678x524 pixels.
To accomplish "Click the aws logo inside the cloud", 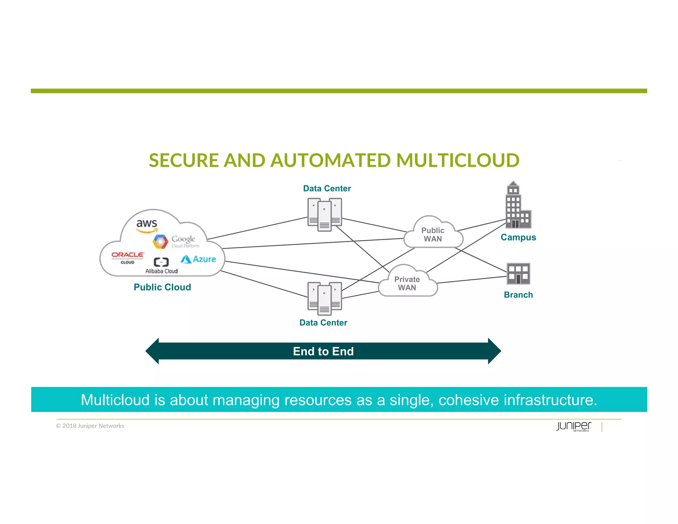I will (x=147, y=225).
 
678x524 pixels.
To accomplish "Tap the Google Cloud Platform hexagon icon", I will (x=160, y=241).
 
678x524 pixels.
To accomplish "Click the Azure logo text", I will (x=204, y=259).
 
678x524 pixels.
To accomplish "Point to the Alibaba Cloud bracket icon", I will (x=161, y=262).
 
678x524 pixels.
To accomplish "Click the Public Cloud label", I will (x=162, y=287).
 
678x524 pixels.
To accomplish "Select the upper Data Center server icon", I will (x=324, y=214).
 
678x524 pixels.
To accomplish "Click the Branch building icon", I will (x=518, y=274).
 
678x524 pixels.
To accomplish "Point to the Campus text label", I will (x=518, y=237).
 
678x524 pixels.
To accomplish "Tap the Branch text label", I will (x=518, y=294).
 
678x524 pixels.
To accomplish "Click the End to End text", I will (x=323, y=351).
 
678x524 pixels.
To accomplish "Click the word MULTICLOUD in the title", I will (x=458, y=160).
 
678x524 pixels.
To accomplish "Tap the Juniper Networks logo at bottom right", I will (x=573, y=426).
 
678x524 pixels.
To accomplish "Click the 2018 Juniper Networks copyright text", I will (x=90, y=426).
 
